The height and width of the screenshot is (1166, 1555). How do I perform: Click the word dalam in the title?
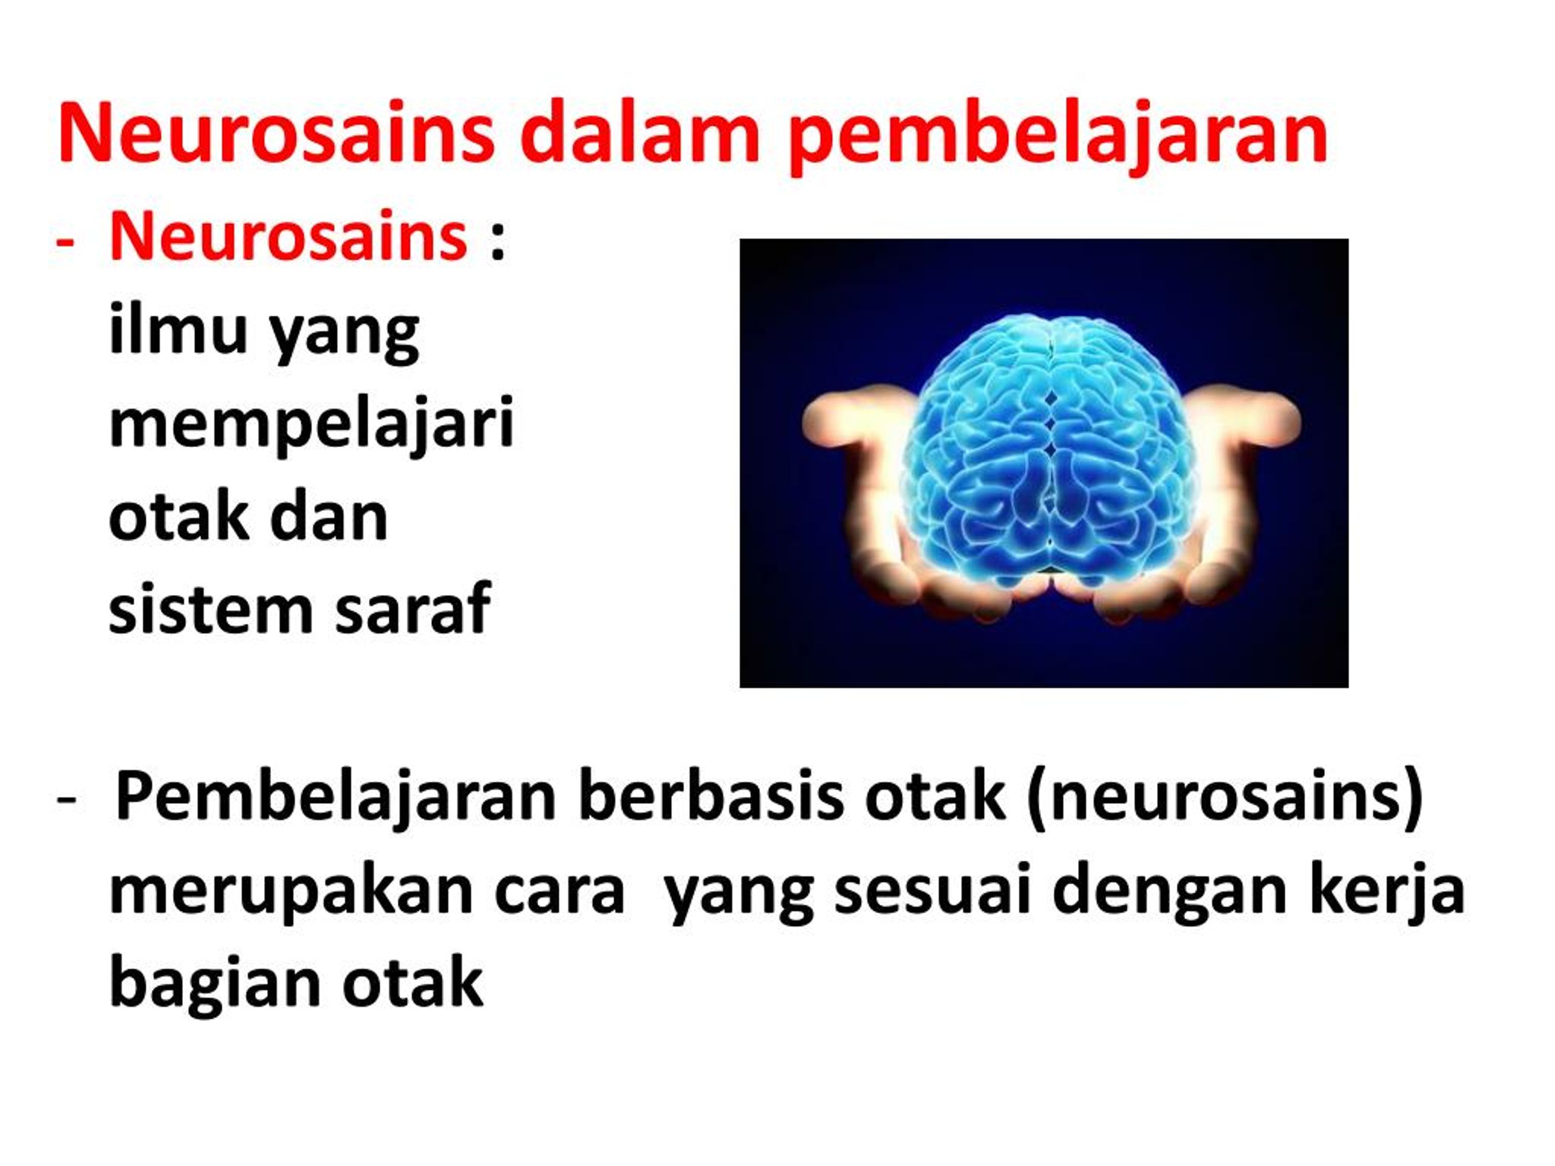tap(639, 133)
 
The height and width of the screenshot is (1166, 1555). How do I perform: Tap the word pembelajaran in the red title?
tap(1058, 137)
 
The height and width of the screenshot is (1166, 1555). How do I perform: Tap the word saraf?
tap(412, 609)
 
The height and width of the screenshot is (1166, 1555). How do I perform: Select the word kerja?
tap(1378, 892)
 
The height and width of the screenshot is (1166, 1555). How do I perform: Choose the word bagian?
tap(215, 987)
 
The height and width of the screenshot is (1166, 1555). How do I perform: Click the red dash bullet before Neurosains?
tap(64, 243)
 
